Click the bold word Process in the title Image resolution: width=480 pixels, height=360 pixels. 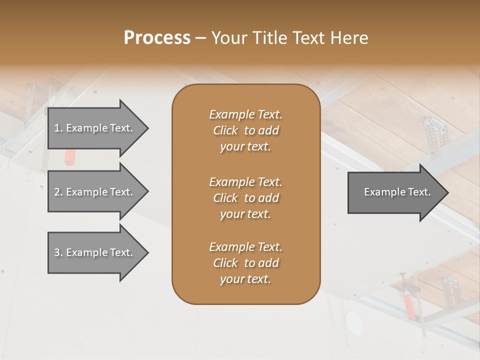click(157, 37)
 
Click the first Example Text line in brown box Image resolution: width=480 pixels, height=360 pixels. click(245, 114)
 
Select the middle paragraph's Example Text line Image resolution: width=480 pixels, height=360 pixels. click(245, 181)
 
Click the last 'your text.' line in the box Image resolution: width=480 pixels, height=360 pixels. click(245, 279)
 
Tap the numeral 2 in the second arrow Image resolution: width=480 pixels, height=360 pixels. click(57, 192)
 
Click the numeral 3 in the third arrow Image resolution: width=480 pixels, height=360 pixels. click(57, 252)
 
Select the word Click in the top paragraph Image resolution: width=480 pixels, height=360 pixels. click(225, 130)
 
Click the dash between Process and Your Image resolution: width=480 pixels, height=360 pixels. click(200, 38)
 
